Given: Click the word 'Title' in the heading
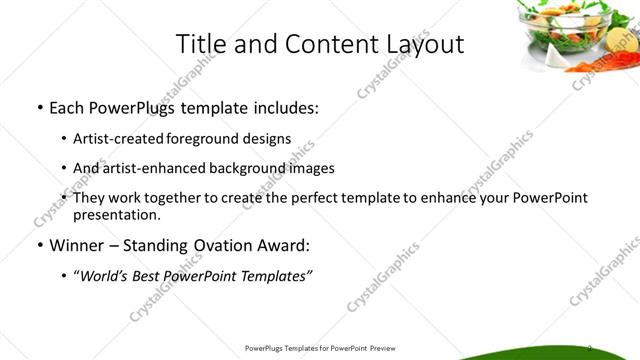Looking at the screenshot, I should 199,44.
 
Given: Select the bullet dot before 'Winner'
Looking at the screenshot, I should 38,244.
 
